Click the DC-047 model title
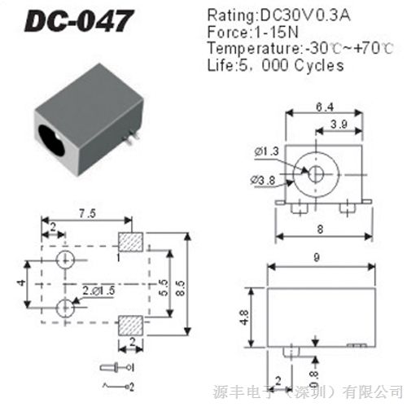[79, 21]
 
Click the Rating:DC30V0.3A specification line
[278, 15]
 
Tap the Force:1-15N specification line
[252, 32]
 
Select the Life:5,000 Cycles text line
[275, 65]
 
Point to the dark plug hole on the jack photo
[51, 140]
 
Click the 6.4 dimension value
[325, 107]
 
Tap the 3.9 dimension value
[339, 125]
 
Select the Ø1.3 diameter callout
[267, 151]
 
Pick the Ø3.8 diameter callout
[263, 180]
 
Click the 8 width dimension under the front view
[320, 230]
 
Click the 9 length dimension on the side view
[317, 257]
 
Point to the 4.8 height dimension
[244, 317]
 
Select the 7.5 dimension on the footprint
[87, 213]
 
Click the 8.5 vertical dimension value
[180, 288]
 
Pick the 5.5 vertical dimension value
[164, 287]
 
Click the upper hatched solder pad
[131, 242]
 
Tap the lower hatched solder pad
[131, 326]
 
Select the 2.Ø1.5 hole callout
[98, 291]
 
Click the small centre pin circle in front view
[316, 173]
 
